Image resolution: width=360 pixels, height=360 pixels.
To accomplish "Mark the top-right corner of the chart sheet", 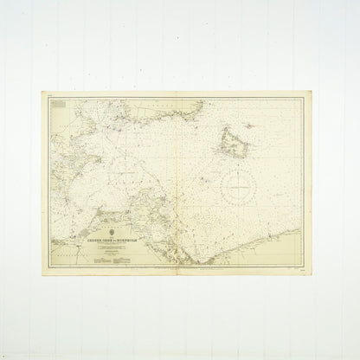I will click(314, 94).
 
